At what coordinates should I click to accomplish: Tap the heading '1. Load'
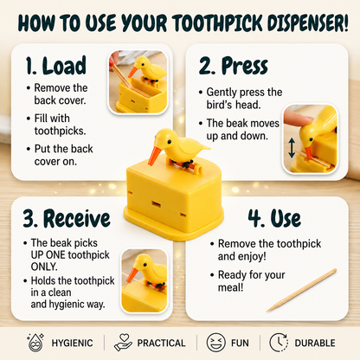click(56, 66)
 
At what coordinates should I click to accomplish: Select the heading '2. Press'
click(234, 66)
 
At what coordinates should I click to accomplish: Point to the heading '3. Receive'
click(67, 218)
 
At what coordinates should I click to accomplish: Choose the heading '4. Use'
click(274, 218)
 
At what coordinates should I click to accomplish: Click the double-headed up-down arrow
click(292, 148)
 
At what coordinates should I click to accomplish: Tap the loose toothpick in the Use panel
click(301, 290)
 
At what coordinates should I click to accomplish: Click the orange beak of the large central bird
click(155, 156)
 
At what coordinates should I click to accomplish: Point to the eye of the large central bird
click(170, 142)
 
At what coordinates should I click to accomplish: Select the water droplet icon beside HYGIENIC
click(35, 343)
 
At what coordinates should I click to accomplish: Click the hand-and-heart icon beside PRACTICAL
click(123, 343)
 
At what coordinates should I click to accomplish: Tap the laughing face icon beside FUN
click(215, 343)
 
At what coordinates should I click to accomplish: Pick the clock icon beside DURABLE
click(279, 343)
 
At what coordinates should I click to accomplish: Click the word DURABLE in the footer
click(315, 343)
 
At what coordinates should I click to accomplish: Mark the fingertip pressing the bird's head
click(297, 119)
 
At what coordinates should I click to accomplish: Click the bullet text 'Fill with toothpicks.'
click(60, 125)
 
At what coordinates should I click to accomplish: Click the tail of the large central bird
click(204, 147)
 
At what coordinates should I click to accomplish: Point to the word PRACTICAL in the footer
click(161, 343)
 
